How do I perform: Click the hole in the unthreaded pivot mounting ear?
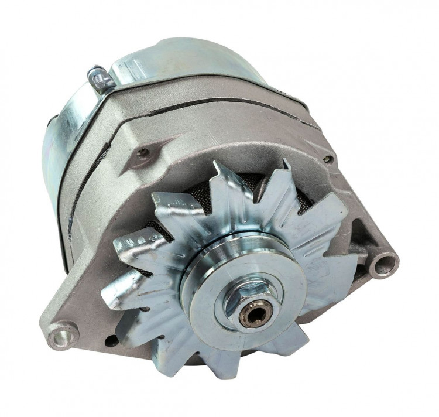tap(62, 336)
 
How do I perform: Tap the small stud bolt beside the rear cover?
tap(98, 77)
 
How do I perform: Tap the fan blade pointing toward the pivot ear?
tap(117, 293)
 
